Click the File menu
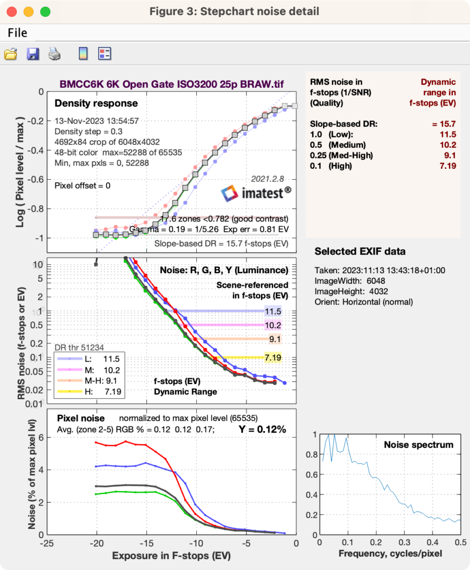tap(17, 33)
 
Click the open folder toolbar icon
tap(11, 53)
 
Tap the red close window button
tap(12, 11)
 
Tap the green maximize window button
tap(45, 11)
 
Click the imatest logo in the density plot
tap(256, 193)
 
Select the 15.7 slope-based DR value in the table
tap(444, 124)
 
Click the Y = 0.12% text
tap(263, 429)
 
